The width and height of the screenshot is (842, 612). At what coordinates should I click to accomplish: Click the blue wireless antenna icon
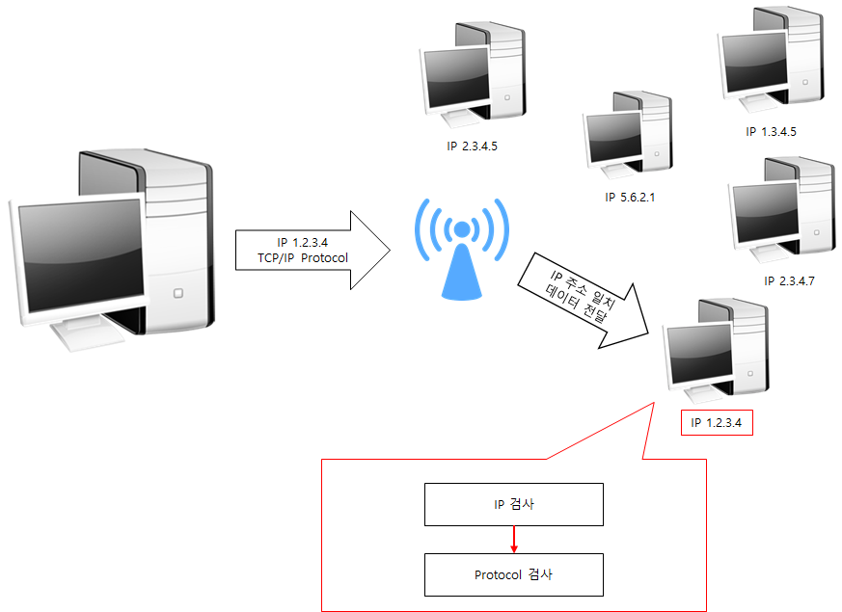(x=461, y=248)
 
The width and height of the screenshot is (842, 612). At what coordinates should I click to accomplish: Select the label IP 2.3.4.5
(x=473, y=147)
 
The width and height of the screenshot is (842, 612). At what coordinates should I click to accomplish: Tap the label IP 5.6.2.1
(x=630, y=197)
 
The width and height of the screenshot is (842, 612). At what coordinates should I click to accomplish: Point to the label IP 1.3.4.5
(x=772, y=132)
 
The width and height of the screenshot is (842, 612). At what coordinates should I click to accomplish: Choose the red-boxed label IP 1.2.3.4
(x=717, y=423)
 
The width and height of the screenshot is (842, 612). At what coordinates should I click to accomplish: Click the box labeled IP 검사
(x=514, y=504)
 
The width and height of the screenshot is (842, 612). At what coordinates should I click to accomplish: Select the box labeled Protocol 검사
(x=514, y=574)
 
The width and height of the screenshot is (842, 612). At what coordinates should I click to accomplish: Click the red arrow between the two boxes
(x=514, y=539)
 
